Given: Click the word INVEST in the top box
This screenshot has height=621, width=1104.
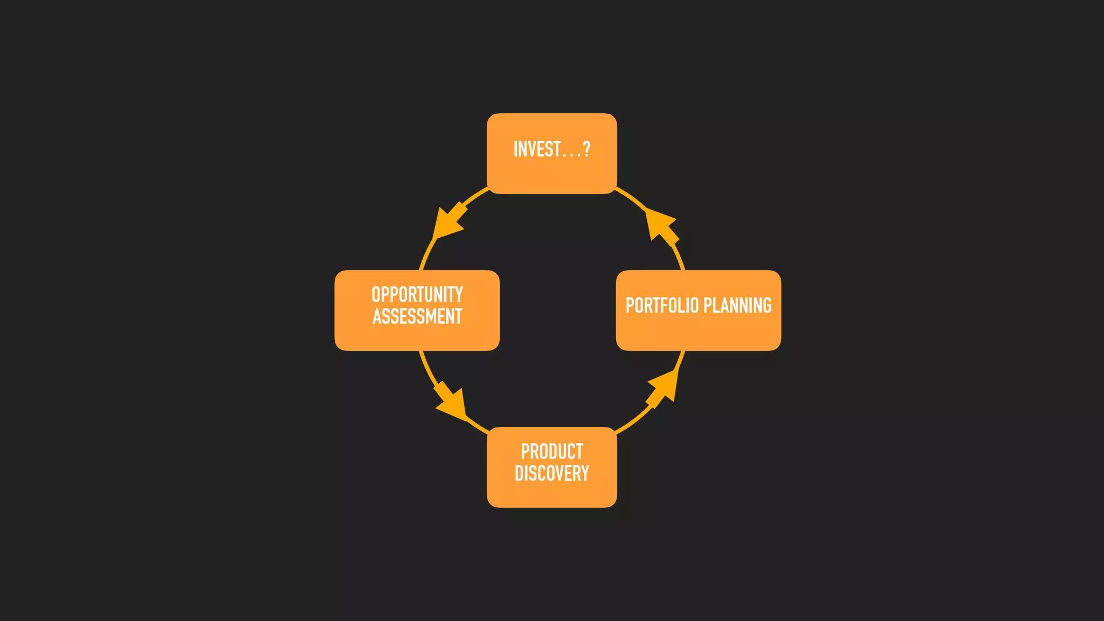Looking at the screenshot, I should point(537,149).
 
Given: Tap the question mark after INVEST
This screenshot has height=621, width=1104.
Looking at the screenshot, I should point(586,149).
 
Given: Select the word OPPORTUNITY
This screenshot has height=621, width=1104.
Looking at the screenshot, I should point(417,295).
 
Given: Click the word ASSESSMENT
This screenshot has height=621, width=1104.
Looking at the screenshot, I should point(417,316).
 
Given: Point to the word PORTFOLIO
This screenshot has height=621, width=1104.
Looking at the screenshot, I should point(662,306).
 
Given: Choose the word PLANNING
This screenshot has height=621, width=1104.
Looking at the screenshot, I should point(737,306).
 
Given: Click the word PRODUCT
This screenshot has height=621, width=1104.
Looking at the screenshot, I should point(552,451).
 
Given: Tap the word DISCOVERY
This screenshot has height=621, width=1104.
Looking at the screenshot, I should point(552,473).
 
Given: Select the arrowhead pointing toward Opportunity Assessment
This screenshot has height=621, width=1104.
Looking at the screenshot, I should point(447,222).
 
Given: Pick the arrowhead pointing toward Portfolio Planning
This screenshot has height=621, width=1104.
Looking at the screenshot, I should point(663,387).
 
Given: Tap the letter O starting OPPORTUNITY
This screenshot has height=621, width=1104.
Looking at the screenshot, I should point(376,295).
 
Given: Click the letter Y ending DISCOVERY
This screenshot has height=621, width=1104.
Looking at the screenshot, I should point(584,473).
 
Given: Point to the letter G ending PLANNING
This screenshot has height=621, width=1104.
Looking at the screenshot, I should point(767,306).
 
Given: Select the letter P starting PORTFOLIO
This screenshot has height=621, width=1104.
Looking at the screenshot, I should point(630,306).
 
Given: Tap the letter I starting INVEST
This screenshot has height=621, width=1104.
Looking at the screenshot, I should point(515,149).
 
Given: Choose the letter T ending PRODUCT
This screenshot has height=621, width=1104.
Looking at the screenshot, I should point(579,451).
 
